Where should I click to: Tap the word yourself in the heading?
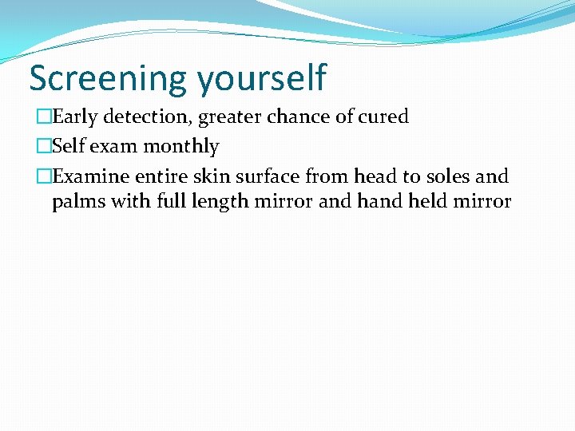pos(261,79)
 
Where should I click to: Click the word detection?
pos(147,117)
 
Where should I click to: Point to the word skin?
pos(212,176)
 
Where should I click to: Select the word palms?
pos(77,202)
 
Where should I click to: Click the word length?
pos(220,202)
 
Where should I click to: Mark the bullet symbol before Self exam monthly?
pos(43,147)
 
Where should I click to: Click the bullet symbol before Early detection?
pos(43,117)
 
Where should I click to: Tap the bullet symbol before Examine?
pos(43,176)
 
